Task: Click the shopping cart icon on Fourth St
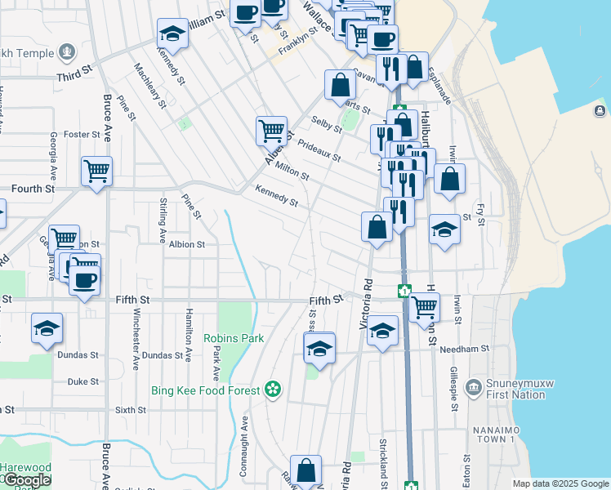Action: pyautogui.click(x=96, y=171)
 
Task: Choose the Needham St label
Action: pyautogui.click(x=463, y=348)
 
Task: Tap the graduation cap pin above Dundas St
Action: pyautogui.click(x=47, y=328)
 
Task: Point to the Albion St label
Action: pyautogui.click(x=187, y=244)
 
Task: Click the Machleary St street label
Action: pyautogui.click(x=149, y=87)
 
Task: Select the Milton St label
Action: pyautogui.click(x=292, y=171)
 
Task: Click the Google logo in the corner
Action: pyautogui.click(x=27, y=480)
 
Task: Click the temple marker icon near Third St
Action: pyautogui.click(x=67, y=54)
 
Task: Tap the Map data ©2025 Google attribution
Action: pyautogui.click(x=560, y=483)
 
